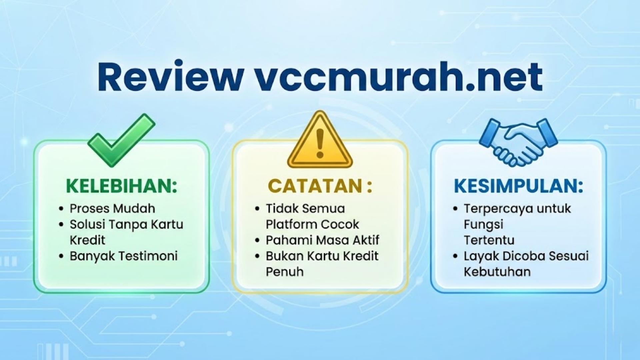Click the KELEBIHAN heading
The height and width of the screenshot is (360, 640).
122,186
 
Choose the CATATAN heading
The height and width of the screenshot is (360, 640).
319,186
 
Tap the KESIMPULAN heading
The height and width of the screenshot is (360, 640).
518,186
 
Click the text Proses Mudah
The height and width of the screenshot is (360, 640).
112,209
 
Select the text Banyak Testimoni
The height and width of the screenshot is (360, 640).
123,256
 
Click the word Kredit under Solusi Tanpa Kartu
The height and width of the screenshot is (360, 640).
87,240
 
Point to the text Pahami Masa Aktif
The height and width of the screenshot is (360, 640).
322,240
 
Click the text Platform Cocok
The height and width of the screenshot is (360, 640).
312,224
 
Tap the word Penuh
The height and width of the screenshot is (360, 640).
285,272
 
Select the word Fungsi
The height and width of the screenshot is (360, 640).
483,224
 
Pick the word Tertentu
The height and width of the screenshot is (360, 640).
489,240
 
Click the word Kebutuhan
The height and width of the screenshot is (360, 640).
497,272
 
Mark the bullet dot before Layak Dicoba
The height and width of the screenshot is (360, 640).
456,256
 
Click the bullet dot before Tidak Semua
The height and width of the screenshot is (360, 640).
257,209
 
